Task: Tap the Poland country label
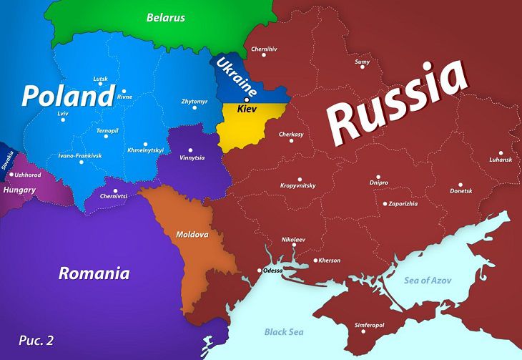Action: pos(68,95)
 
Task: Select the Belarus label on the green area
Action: pos(165,17)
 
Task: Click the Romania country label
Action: pos(94,273)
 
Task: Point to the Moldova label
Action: pos(192,234)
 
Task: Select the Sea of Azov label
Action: pos(428,280)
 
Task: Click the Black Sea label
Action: pos(284,332)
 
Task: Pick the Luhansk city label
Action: pos(501,159)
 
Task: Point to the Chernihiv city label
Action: pos(265,49)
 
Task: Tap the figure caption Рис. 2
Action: pos(36,340)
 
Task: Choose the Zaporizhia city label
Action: pos(403,203)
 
